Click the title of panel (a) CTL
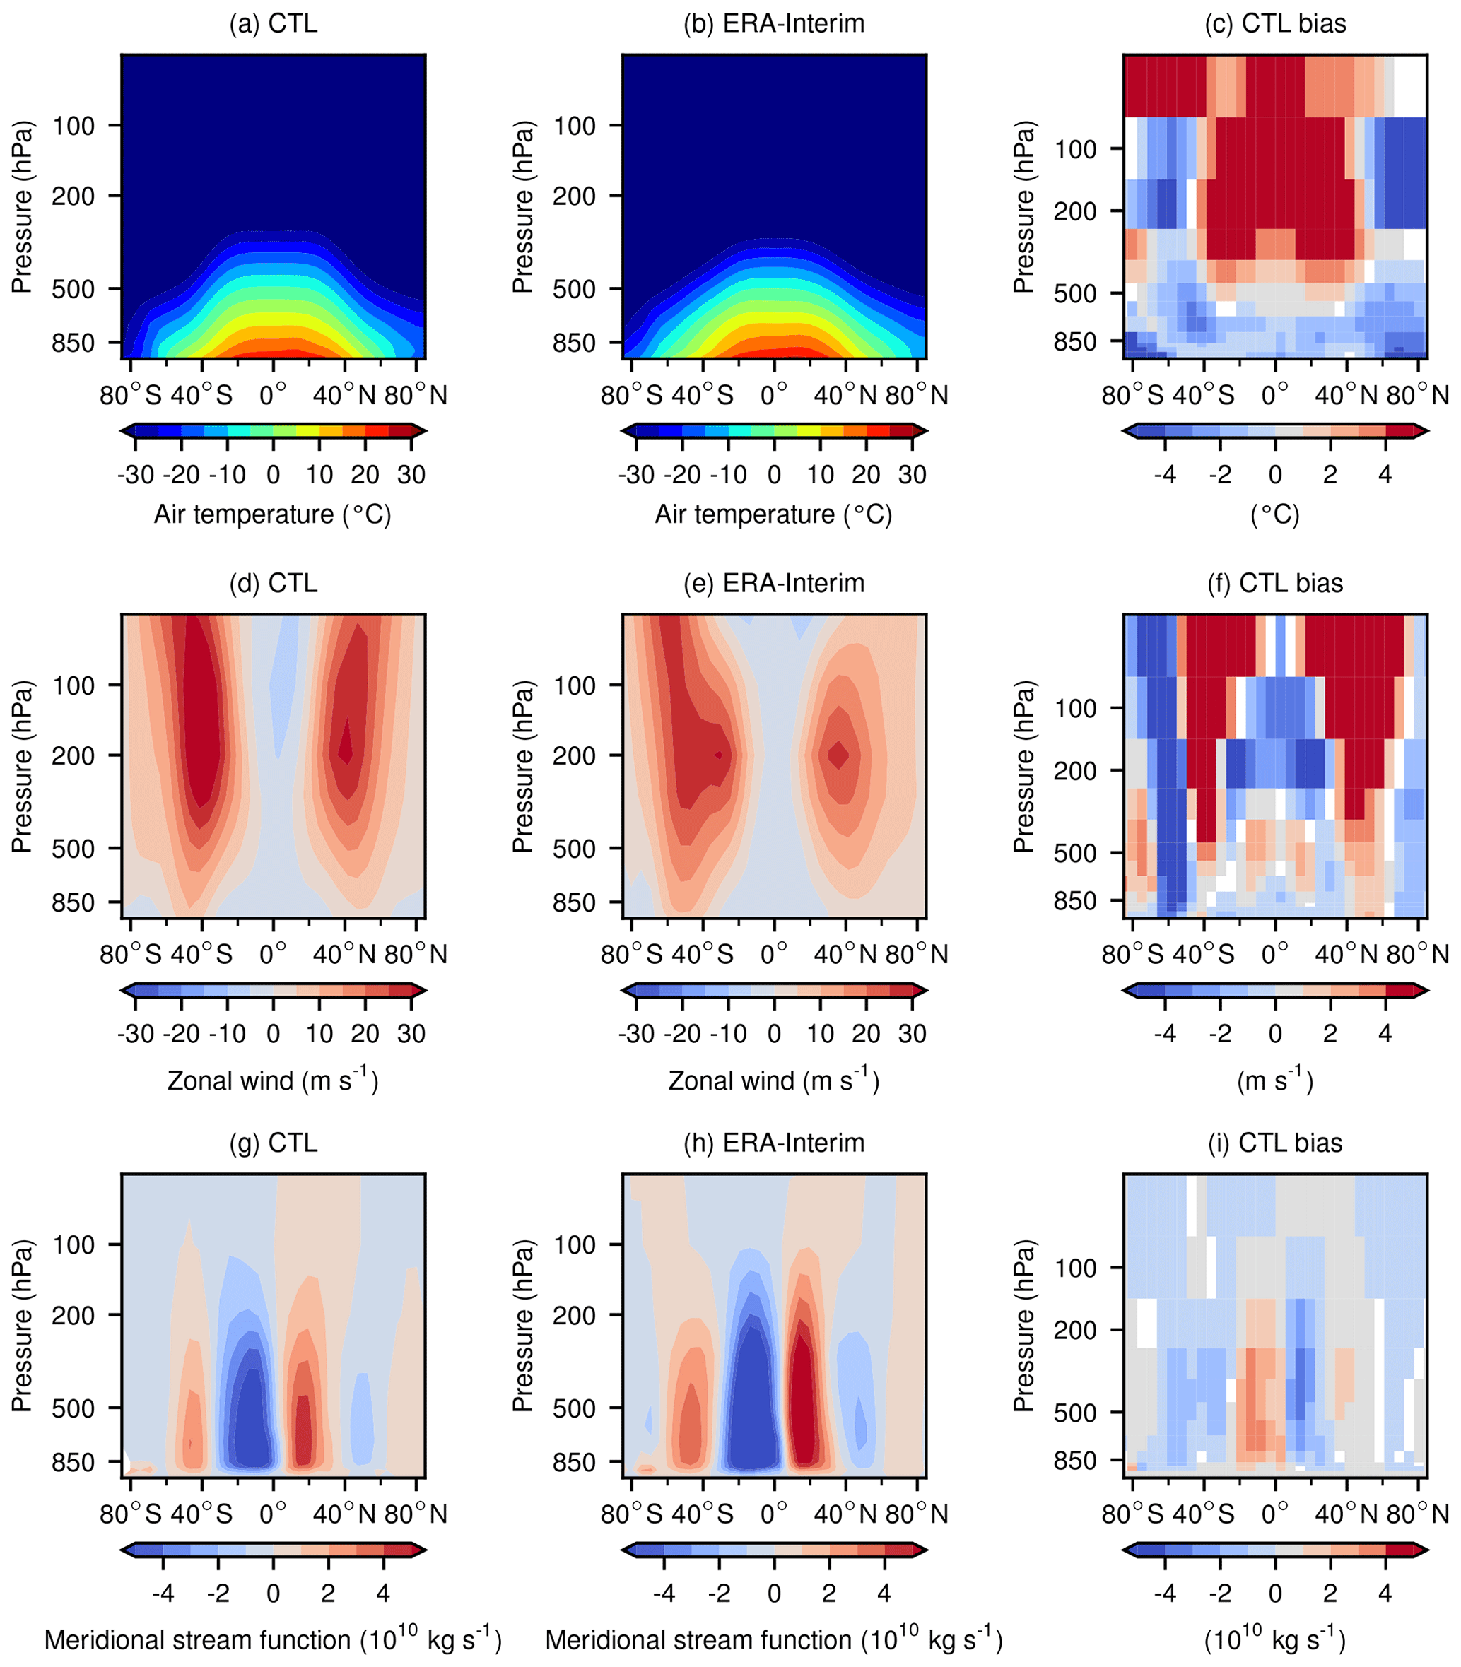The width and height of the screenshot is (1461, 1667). tap(273, 23)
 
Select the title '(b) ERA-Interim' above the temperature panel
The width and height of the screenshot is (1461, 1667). tap(774, 23)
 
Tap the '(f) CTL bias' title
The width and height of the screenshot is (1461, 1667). tap(1275, 583)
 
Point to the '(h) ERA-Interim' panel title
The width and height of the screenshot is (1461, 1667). tap(774, 1142)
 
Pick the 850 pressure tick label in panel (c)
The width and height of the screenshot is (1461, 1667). tap(1075, 342)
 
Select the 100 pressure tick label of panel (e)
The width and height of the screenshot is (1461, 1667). tap(575, 685)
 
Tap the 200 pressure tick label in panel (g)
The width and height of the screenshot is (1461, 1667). tap(74, 1315)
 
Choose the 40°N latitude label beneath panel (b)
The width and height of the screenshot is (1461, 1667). tap(845, 395)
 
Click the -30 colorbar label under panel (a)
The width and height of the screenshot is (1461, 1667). tap(135, 474)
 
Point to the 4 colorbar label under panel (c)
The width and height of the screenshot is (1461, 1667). tap(1385, 474)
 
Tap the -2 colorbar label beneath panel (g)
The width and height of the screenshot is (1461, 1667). tap(218, 1593)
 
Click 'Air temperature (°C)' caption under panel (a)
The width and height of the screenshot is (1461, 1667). tap(273, 514)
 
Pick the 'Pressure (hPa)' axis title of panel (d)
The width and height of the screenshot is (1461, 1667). tap(22, 766)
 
